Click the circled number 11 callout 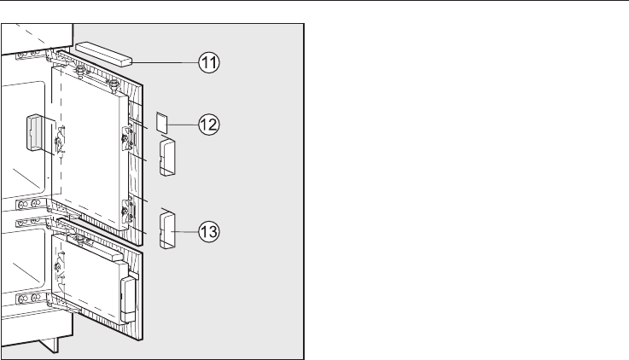tap(208, 63)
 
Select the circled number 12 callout tap(208, 124)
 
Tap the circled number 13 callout tap(208, 230)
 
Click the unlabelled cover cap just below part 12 tap(166, 158)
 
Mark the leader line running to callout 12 tap(187, 124)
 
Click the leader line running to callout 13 tap(186, 230)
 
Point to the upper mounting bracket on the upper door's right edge tap(128, 136)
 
